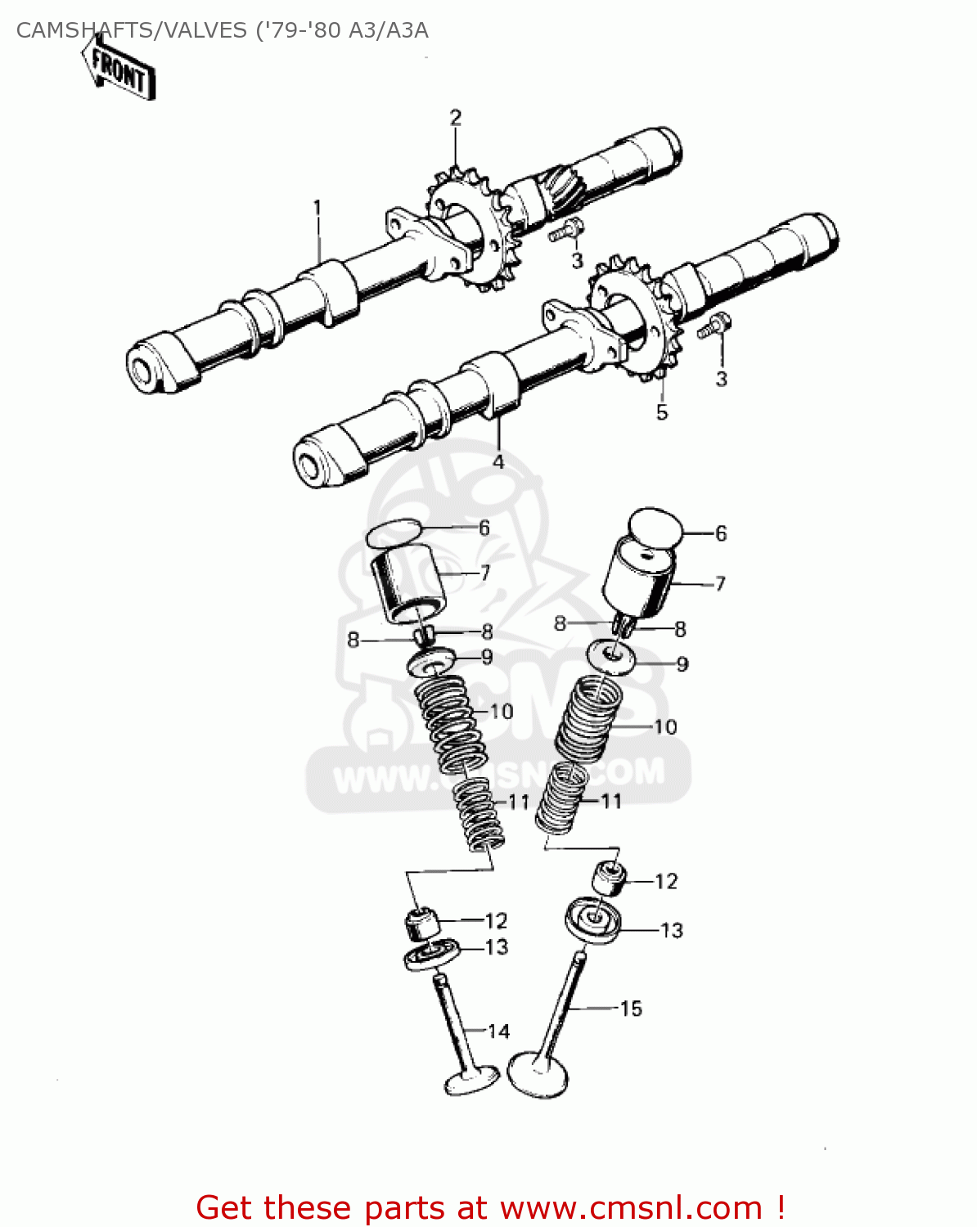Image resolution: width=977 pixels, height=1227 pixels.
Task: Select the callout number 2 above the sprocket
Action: point(455,117)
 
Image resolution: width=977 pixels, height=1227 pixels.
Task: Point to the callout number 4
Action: point(498,462)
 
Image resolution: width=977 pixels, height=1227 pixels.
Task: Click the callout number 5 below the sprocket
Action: point(662,412)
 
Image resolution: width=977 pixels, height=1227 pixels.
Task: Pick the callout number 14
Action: point(498,1031)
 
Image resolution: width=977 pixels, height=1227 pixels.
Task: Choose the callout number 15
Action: point(631,1009)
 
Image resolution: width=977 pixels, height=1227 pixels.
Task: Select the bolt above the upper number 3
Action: point(565,231)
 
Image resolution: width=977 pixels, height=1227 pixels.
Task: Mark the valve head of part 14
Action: point(471,1080)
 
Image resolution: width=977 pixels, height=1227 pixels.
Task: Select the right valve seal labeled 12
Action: point(610,879)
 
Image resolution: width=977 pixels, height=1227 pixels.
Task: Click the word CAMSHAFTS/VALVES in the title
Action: point(131,31)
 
